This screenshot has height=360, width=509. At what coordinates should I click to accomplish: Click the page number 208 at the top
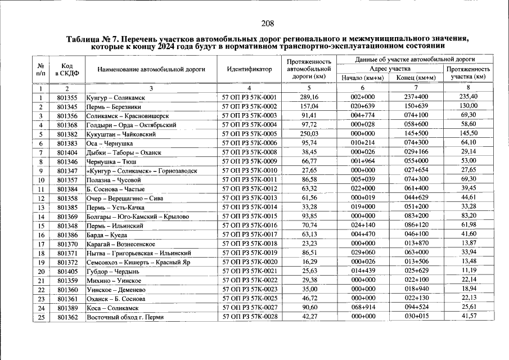[x=267, y=23]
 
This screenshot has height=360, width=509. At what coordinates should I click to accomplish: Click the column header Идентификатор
[x=249, y=70]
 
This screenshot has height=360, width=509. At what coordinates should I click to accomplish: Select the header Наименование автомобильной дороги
[x=151, y=70]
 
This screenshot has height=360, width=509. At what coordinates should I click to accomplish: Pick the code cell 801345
[x=67, y=107]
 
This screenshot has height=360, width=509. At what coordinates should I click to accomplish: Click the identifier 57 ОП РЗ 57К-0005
[x=249, y=134]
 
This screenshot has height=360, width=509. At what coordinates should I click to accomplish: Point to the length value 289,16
[x=305, y=97]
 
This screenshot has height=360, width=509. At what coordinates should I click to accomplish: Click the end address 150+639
[x=416, y=106]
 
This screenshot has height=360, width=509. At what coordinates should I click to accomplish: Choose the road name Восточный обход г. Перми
[x=125, y=318]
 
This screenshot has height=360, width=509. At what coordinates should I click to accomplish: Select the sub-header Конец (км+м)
[x=416, y=78]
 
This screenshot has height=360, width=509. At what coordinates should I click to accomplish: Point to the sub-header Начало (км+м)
[x=362, y=78]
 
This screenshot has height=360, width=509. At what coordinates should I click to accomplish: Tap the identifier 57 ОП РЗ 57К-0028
[x=249, y=317]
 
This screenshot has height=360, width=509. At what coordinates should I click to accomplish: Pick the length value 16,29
[x=305, y=262]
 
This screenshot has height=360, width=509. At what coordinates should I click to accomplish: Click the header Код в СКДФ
[x=67, y=70]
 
